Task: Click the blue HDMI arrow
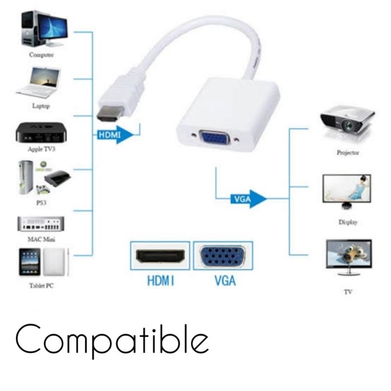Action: [115, 135]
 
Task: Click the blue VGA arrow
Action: [248, 199]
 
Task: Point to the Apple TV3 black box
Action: [41, 132]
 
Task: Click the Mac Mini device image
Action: [41, 224]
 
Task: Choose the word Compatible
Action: [112, 340]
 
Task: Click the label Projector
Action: [348, 152]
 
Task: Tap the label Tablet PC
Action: [42, 285]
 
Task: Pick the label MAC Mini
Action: [41, 239]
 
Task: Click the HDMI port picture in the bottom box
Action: [160, 256]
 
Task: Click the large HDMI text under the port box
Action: [161, 281]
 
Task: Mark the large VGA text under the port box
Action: [225, 281]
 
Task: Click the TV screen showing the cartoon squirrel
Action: [349, 254]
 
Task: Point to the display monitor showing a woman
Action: [347, 188]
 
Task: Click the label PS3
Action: [42, 203]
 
